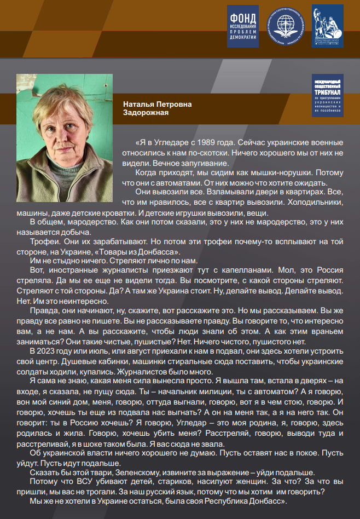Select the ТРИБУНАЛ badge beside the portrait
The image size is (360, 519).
click(327, 96)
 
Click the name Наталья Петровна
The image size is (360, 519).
click(157, 104)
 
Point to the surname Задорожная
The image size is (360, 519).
click(146, 112)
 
